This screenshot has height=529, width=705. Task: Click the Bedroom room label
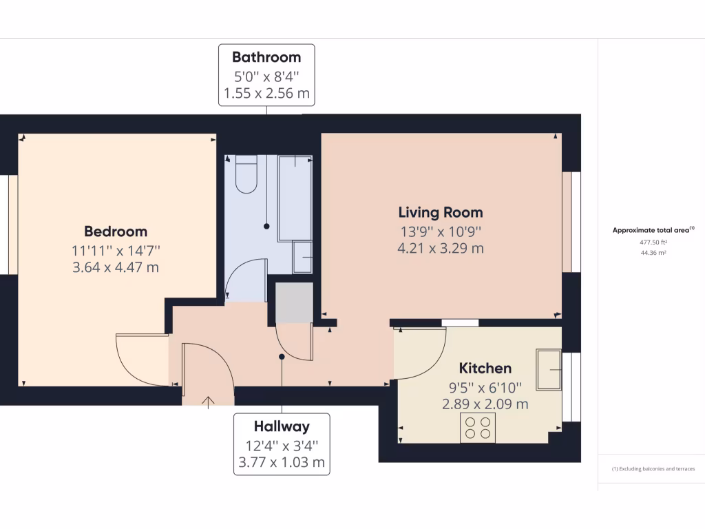pyautogui.click(x=116, y=231)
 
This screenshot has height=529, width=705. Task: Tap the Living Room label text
pyautogui.click(x=441, y=212)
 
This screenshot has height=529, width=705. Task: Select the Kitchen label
pyautogui.click(x=485, y=368)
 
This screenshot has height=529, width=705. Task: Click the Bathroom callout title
pyautogui.click(x=266, y=56)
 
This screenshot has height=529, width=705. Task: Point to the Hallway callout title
pyautogui.click(x=281, y=426)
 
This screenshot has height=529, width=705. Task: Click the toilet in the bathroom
pyautogui.click(x=246, y=174)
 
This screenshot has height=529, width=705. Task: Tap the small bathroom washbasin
pyautogui.click(x=302, y=258)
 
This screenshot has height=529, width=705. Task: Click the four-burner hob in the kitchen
pyautogui.click(x=478, y=428)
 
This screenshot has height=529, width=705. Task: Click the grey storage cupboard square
pyautogui.click(x=294, y=302)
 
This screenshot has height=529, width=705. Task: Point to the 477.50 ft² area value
pyautogui.click(x=653, y=242)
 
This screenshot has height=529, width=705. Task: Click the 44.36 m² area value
pyautogui.click(x=653, y=253)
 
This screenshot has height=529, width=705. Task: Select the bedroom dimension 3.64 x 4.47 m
pyautogui.click(x=116, y=267)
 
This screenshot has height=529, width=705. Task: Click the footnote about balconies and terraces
pyautogui.click(x=653, y=469)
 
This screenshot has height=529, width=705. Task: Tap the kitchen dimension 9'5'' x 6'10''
pyautogui.click(x=485, y=387)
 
